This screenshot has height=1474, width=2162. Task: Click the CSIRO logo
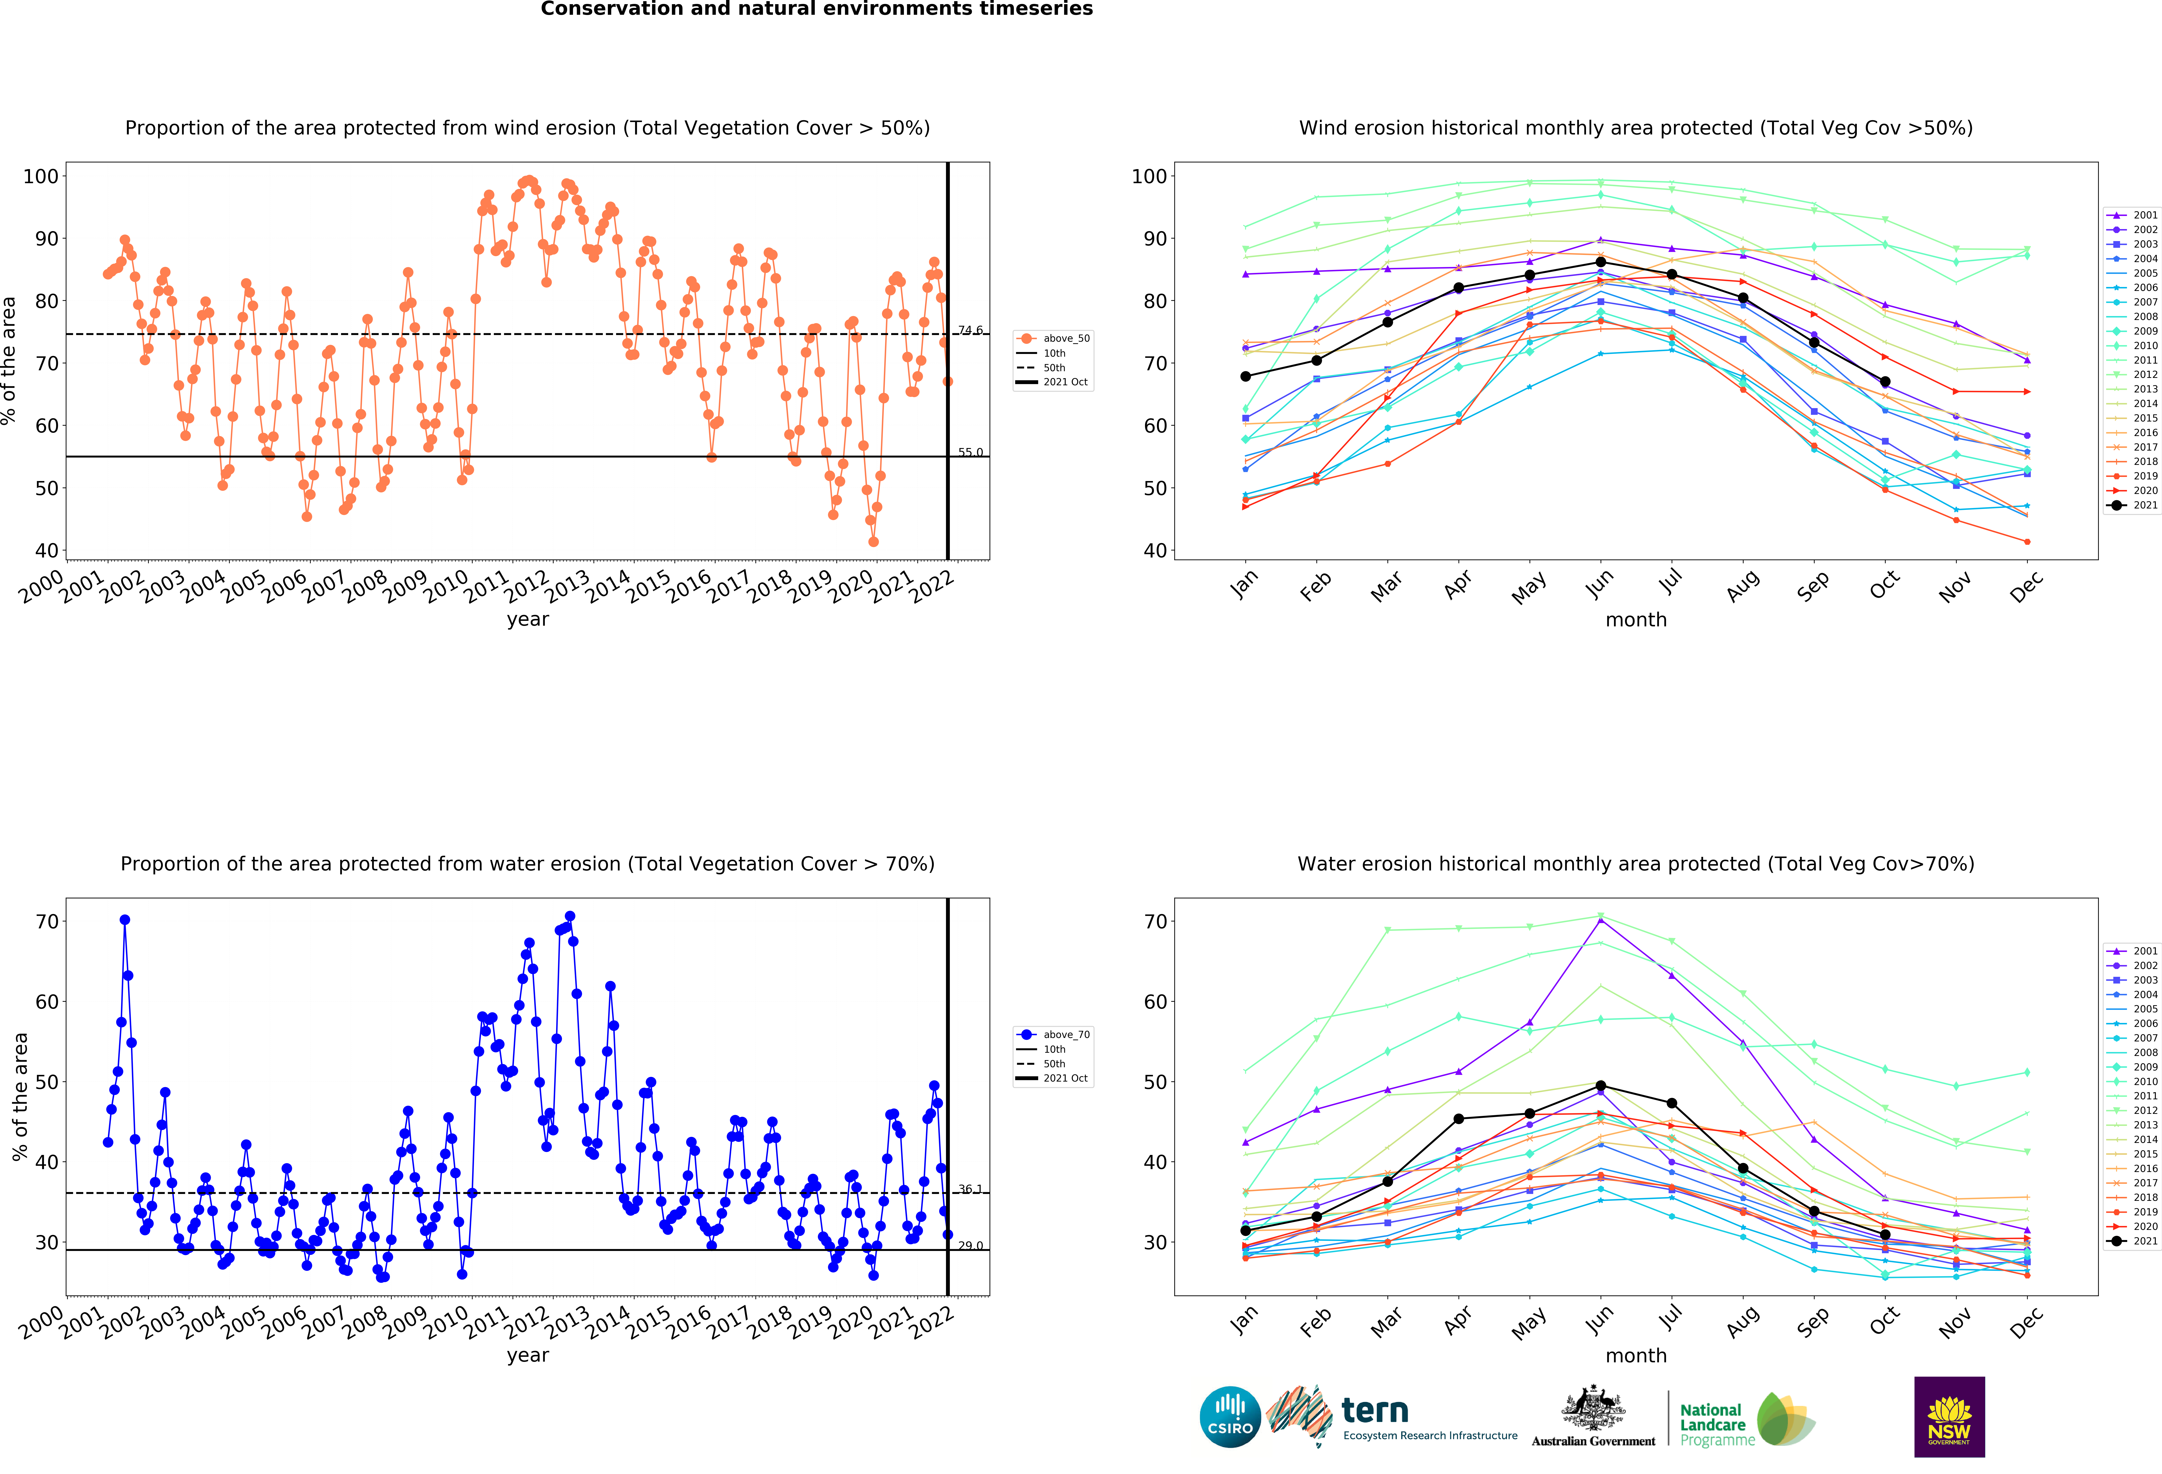[1230, 1417]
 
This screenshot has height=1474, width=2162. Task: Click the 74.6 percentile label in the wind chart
[970, 330]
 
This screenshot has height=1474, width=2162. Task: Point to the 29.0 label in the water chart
[970, 1245]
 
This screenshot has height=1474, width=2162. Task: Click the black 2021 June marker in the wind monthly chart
[1600, 262]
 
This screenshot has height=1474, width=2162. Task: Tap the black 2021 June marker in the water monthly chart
[1600, 1086]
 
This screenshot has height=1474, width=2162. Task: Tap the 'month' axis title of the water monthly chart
[1635, 1355]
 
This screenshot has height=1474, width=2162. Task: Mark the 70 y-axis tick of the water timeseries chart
[47, 921]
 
